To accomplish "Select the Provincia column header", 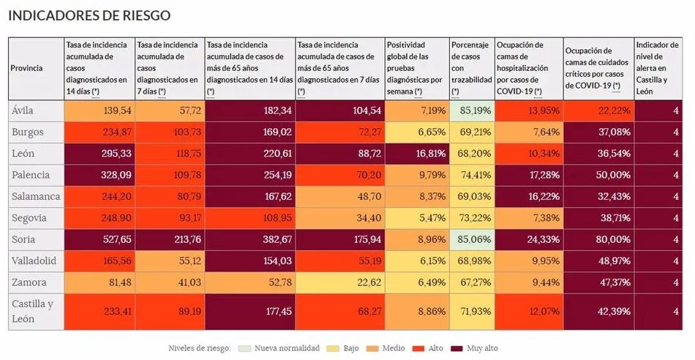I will click(x=26, y=68).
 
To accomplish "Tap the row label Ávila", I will click(x=23, y=110).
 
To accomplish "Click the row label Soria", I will click(x=23, y=239).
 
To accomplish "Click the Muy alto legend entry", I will click(x=478, y=348).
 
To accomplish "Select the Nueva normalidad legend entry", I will click(x=285, y=348).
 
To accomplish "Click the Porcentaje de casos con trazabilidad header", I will click(x=470, y=68).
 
